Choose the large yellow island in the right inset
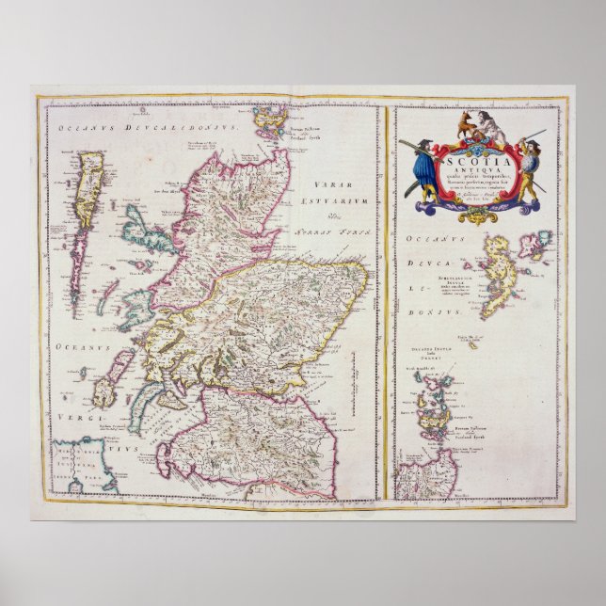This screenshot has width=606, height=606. pos(495,273)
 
